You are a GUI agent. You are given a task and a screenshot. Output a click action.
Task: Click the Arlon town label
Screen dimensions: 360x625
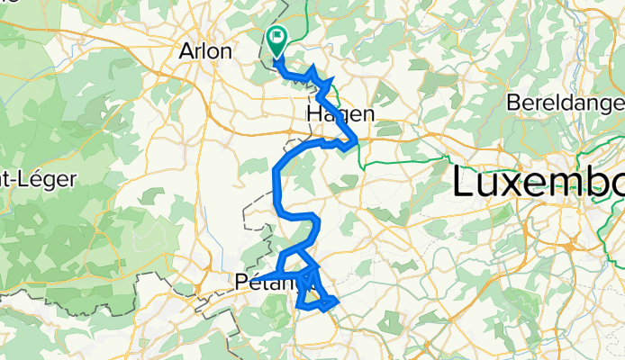207,51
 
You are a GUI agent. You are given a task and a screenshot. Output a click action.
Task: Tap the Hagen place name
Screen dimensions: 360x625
340,113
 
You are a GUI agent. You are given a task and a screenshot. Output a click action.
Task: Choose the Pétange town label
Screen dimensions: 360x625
267,283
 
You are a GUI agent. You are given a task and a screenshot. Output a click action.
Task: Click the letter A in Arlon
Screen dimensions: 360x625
187,51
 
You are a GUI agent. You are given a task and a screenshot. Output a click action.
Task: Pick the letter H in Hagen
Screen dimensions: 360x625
314,113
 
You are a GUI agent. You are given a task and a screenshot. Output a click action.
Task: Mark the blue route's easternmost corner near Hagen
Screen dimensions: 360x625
358,139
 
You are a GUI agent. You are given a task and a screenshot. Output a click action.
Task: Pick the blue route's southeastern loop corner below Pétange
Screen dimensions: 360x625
337,301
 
